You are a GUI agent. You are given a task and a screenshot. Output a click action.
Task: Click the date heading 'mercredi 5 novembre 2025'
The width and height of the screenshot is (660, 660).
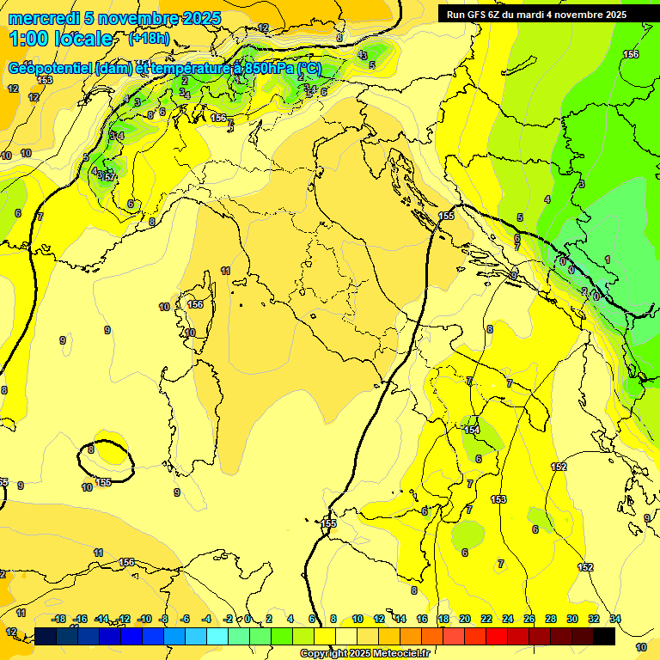(114, 18)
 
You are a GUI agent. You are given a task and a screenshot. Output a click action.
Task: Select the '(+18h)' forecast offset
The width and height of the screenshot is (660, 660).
(149, 39)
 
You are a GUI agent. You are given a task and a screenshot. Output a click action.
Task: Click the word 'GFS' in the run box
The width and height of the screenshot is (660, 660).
(477, 15)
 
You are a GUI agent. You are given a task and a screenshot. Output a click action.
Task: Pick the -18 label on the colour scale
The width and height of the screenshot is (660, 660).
(59, 619)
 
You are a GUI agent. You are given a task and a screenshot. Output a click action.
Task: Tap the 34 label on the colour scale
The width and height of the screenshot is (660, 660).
(615, 619)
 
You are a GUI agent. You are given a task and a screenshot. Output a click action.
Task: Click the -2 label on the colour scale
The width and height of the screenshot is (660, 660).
(229, 619)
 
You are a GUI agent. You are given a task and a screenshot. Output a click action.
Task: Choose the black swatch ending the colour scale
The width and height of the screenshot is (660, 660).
(604, 636)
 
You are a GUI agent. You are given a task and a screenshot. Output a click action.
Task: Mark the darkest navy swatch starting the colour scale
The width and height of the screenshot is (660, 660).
(46, 636)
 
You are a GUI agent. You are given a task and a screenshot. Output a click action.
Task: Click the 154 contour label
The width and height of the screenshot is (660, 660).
(471, 430)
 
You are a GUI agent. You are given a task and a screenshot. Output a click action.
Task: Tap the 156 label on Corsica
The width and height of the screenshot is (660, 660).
(196, 304)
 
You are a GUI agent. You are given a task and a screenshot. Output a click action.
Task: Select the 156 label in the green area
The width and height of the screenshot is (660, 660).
(631, 54)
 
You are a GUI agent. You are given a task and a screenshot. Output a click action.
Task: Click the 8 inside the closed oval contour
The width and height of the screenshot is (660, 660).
(91, 449)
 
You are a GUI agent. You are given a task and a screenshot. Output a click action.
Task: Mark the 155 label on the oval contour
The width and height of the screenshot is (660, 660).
(104, 482)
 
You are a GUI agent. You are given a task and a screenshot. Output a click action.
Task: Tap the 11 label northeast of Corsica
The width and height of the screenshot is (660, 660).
(225, 271)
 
